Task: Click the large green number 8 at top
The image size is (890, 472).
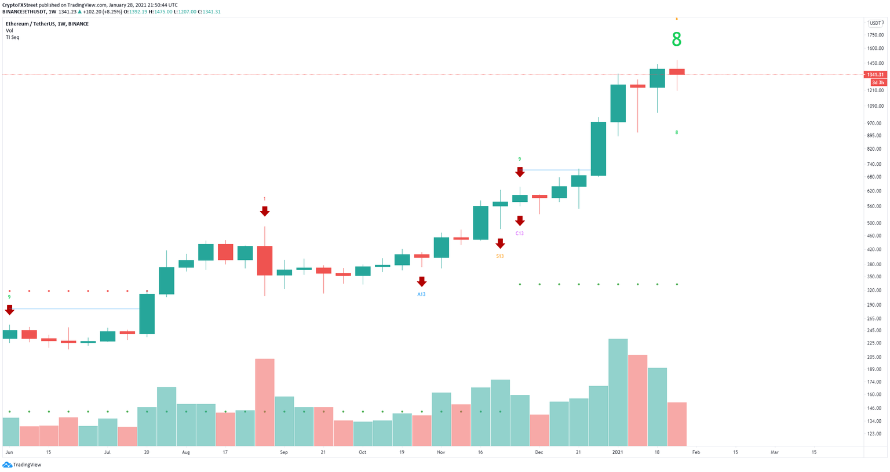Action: click(x=676, y=39)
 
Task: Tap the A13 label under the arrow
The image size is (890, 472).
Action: click(x=421, y=295)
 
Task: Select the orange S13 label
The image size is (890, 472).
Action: click(x=499, y=256)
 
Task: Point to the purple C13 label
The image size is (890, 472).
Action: click(x=519, y=233)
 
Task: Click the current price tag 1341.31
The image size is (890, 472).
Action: click(x=874, y=74)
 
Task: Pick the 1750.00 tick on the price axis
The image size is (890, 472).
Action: click(x=875, y=35)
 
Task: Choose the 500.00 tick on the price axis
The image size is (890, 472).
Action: click(x=875, y=223)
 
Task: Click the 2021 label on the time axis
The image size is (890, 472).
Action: click(x=618, y=452)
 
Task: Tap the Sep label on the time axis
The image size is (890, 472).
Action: click(x=283, y=452)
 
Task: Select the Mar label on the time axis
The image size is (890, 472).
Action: click(x=774, y=452)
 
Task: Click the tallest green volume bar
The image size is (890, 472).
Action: click(x=618, y=392)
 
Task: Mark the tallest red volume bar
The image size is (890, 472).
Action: click(x=264, y=402)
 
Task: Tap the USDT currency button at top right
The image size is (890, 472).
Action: click(x=874, y=23)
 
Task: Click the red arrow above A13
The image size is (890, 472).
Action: click(x=421, y=282)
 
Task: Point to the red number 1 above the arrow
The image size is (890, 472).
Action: click(x=264, y=199)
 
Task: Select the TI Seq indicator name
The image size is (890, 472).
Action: click(x=12, y=37)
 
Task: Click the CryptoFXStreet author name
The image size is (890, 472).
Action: click(x=20, y=5)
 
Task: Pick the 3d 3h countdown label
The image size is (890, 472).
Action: click(x=878, y=83)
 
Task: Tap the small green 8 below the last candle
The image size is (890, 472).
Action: click(x=676, y=132)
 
